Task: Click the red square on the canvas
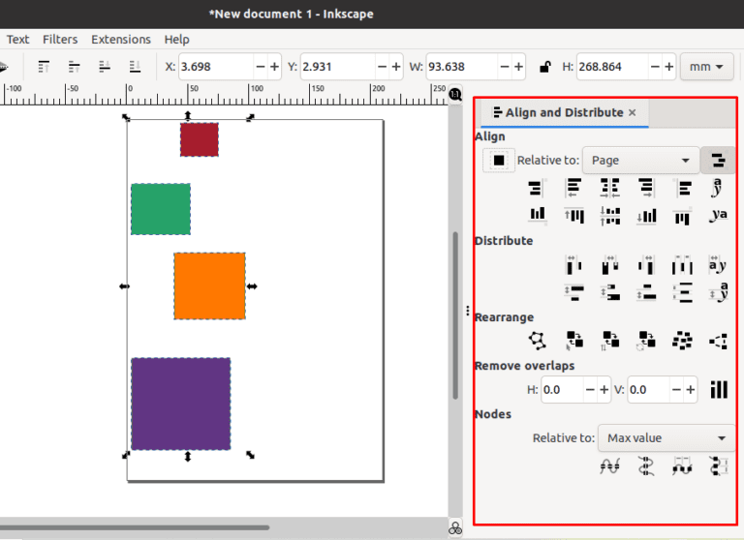(x=200, y=139)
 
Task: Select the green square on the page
(x=161, y=209)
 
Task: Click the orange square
(x=209, y=286)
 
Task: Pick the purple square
(x=181, y=404)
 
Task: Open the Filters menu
(x=60, y=40)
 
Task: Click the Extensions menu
(x=121, y=40)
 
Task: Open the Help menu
(x=177, y=40)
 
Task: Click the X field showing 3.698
(x=215, y=67)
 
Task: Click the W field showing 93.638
(x=462, y=67)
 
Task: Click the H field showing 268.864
(x=611, y=67)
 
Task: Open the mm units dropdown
(x=708, y=67)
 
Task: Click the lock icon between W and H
(x=545, y=67)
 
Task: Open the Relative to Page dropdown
(x=641, y=160)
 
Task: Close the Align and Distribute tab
(x=633, y=112)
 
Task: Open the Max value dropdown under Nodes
(x=666, y=438)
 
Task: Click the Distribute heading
(x=504, y=241)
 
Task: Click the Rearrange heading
(x=504, y=317)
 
